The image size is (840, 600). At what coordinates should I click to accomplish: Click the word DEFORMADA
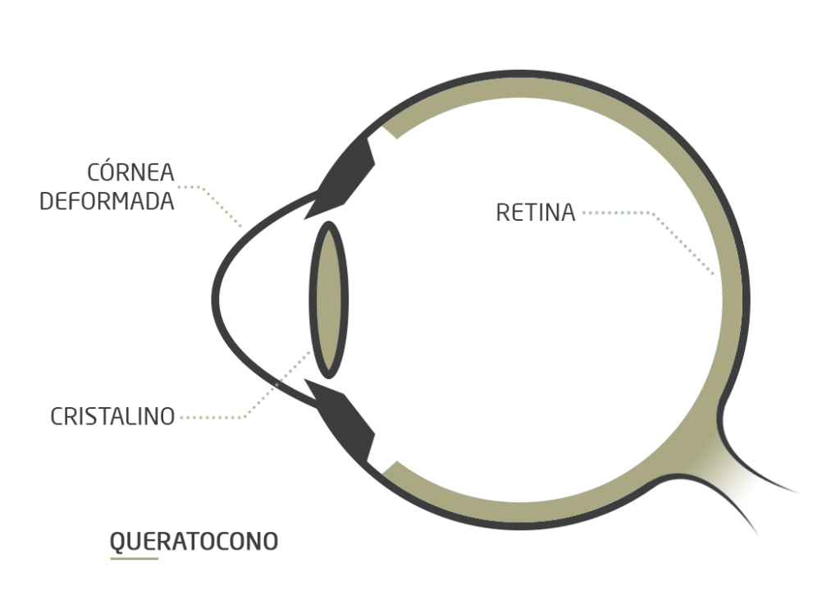point(107,201)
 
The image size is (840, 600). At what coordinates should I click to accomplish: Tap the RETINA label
point(535,213)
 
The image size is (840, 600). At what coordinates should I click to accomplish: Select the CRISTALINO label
point(112,417)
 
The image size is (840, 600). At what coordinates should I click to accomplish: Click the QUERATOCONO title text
point(194,542)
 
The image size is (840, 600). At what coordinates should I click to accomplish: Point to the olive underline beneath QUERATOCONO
point(135,559)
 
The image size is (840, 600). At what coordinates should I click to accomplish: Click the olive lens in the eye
point(329,300)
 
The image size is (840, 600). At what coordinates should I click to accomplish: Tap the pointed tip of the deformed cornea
point(213,300)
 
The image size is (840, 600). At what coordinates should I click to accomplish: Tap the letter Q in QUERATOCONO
point(118,542)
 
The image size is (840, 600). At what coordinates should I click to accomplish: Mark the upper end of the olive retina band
point(390,132)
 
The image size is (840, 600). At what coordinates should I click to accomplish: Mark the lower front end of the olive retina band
point(390,468)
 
